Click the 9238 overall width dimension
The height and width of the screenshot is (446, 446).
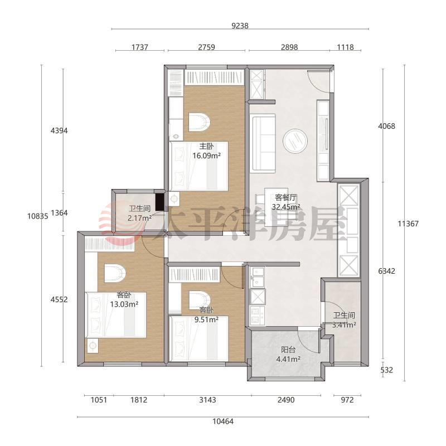pyautogui.click(x=240, y=26)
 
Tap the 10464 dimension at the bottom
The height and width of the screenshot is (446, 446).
pyautogui.click(x=222, y=421)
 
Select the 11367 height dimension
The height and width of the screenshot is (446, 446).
pyautogui.click(x=408, y=224)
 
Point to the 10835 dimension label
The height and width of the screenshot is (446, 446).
pyautogui.click(x=38, y=216)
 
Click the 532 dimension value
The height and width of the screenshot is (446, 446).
pyautogui.click(x=386, y=370)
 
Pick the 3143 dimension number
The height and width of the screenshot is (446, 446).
pyautogui.click(x=207, y=400)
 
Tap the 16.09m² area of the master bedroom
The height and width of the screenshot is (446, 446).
pyautogui.click(x=207, y=156)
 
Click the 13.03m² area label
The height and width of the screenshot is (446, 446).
pyautogui.click(x=124, y=304)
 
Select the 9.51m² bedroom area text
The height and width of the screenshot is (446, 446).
pyautogui.click(x=206, y=319)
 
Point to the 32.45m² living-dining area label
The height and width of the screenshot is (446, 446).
pyautogui.click(x=286, y=207)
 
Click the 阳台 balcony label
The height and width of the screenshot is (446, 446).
pyautogui.click(x=288, y=350)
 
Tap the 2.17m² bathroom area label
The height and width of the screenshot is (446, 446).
pyautogui.click(x=139, y=218)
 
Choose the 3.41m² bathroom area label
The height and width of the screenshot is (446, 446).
pyautogui.click(x=344, y=324)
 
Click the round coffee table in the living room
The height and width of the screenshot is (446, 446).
pyautogui.click(x=295, y=141)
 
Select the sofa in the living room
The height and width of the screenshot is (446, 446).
pyautogui.click(x=263, y=143)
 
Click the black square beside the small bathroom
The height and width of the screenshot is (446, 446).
pyautogui.click(x=160, y=202)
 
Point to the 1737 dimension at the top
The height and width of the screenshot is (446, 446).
pyautogui.click(x=140, y=47)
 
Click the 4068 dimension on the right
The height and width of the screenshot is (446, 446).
pyautogui.click(x=386, y=126)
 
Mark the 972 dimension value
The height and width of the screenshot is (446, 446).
pyautogui.click(x=347, y=400)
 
